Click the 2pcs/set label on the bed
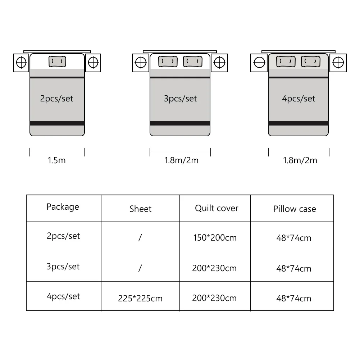57,99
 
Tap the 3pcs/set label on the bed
180,99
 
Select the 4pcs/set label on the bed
299,99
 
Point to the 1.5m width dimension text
57,160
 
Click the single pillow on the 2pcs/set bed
57,62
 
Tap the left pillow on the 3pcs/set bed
168,62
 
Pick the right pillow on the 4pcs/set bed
311,62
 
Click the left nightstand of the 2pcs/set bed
21,62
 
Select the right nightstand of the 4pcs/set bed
338,62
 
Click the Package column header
63,207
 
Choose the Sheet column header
140,209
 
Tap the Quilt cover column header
217,208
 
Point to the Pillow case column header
295,209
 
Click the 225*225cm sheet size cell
140,299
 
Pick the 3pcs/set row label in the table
63,266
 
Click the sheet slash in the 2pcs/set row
140,237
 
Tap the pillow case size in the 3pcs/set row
294,268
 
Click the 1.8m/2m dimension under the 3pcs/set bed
181,160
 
